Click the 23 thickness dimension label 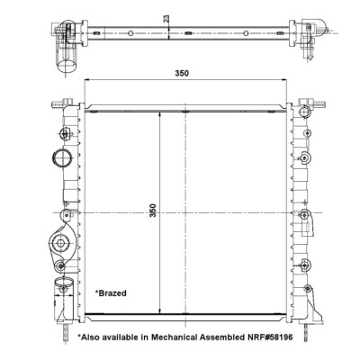166,18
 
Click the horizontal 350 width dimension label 182,73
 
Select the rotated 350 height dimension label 153,211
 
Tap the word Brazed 112,293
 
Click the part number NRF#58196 269,337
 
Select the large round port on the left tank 62,157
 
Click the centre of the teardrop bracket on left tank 61,243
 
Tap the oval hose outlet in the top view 67,66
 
